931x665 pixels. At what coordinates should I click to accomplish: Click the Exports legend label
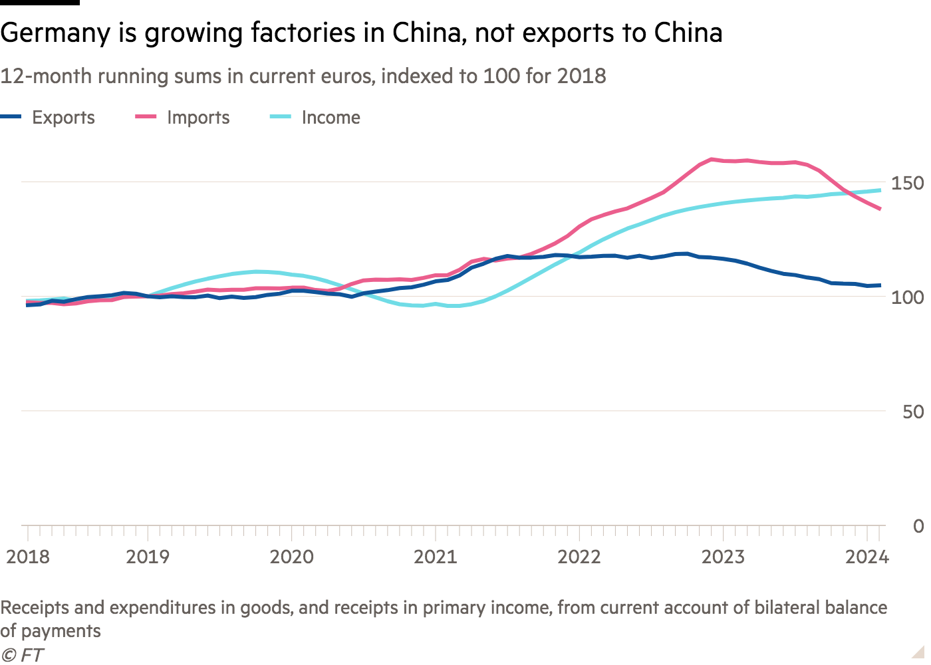point(63,118)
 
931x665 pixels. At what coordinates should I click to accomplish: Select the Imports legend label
point(198,118)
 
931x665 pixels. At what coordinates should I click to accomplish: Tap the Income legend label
point(331,118)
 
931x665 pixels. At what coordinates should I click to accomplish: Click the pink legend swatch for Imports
point(146,117)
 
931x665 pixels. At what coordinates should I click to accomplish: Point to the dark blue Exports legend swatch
point(11,117)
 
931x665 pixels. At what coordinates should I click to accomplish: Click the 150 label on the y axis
point(907,183)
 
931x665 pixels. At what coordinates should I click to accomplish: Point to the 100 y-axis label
point(907,297)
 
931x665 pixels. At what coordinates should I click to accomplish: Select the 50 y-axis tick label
point(913,412)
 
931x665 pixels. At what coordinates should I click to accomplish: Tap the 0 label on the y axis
point(918,526)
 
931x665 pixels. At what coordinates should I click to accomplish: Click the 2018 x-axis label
point(28,557)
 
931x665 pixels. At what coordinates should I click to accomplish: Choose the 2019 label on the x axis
point(148,557)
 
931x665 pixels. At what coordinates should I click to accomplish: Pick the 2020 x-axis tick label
point(291,557)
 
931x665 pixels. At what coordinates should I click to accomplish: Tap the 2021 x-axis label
point(436,557)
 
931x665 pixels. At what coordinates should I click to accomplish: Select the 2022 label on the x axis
point(579,557)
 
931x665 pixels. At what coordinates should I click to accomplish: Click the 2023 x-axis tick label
point(723,557)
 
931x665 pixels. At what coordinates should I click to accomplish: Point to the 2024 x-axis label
point(867,557)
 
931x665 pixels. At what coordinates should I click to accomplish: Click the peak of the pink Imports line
point(711,159)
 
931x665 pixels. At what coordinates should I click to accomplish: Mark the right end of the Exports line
point(880,286)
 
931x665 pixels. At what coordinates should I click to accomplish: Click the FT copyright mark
point(22,655)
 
